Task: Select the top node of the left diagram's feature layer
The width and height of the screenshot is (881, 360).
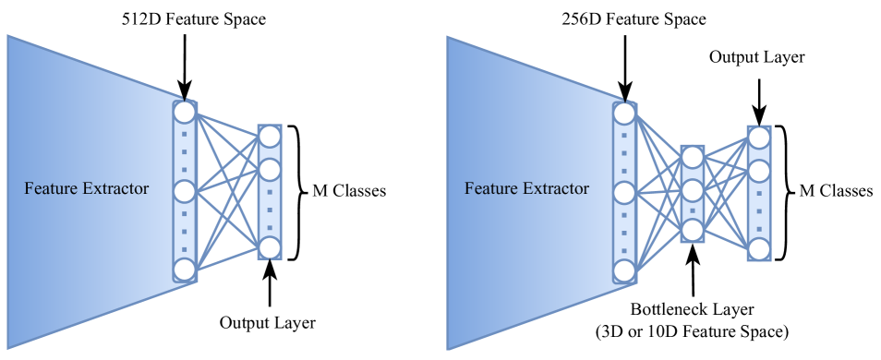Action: pos(185,113)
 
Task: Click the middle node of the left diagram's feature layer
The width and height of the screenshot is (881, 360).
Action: pos(185,192)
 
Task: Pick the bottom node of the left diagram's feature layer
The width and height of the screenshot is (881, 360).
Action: pos(185,270)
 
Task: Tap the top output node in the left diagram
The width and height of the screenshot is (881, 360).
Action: pos(270,137)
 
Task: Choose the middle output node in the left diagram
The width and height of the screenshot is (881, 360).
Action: pos(270,170)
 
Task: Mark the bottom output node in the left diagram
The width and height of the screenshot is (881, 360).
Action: pos(270,247)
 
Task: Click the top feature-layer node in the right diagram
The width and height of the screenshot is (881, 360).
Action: pos(624,114)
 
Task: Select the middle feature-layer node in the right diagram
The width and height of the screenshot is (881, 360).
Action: pos(624,193)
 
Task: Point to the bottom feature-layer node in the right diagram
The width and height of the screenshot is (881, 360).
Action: pos(624,270)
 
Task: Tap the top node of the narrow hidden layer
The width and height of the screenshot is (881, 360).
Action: pos(693,157)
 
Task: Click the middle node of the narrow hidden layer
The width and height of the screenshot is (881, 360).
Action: pos(693,191)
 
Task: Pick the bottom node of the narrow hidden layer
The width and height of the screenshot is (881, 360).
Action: pos(693,229)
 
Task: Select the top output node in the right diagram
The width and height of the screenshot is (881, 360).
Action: pos(759,138)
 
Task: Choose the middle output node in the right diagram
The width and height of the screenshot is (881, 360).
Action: pos(759,171)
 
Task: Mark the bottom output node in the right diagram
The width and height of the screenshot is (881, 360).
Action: pos(759,248)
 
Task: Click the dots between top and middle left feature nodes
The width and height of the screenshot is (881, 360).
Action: pos(185,150)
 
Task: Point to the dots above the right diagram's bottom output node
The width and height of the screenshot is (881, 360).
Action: pos(759,210)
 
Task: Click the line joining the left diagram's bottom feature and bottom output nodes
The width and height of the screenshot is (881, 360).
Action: pos(227,258)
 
